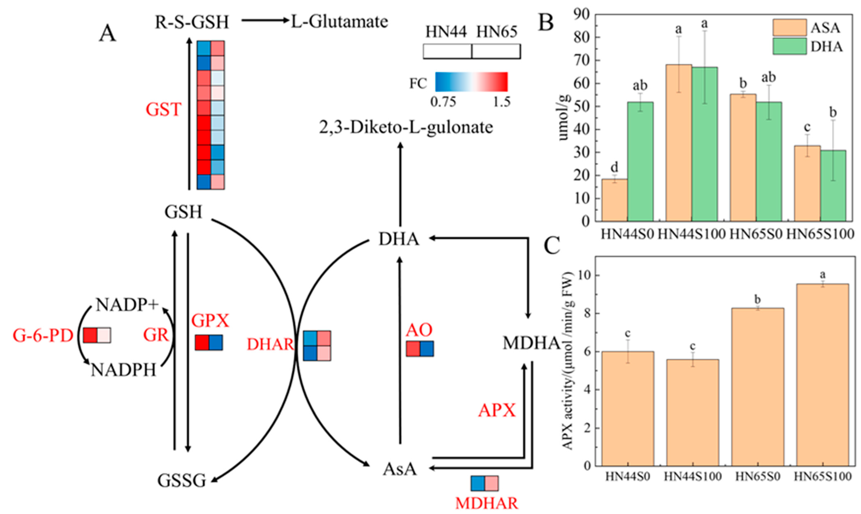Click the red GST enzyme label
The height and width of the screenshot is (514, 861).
(163, 110)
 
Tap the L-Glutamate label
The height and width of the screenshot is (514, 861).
(339, 22)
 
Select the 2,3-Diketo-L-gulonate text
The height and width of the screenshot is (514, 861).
(406, 127)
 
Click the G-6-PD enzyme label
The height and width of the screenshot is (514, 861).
(43, 335)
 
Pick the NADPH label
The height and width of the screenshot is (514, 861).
(124, 370)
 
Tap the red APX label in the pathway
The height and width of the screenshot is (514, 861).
(497, 411)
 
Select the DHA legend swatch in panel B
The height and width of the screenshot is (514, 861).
(789, 46)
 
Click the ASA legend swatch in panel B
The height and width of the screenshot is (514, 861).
(789, 27)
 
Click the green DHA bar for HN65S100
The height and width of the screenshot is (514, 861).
(833, 186)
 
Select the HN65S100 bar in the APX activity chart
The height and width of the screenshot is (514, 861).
(822, 375)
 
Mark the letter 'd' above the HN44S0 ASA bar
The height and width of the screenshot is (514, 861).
(614, 168)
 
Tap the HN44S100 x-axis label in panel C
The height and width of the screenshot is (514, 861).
(693, 476)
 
